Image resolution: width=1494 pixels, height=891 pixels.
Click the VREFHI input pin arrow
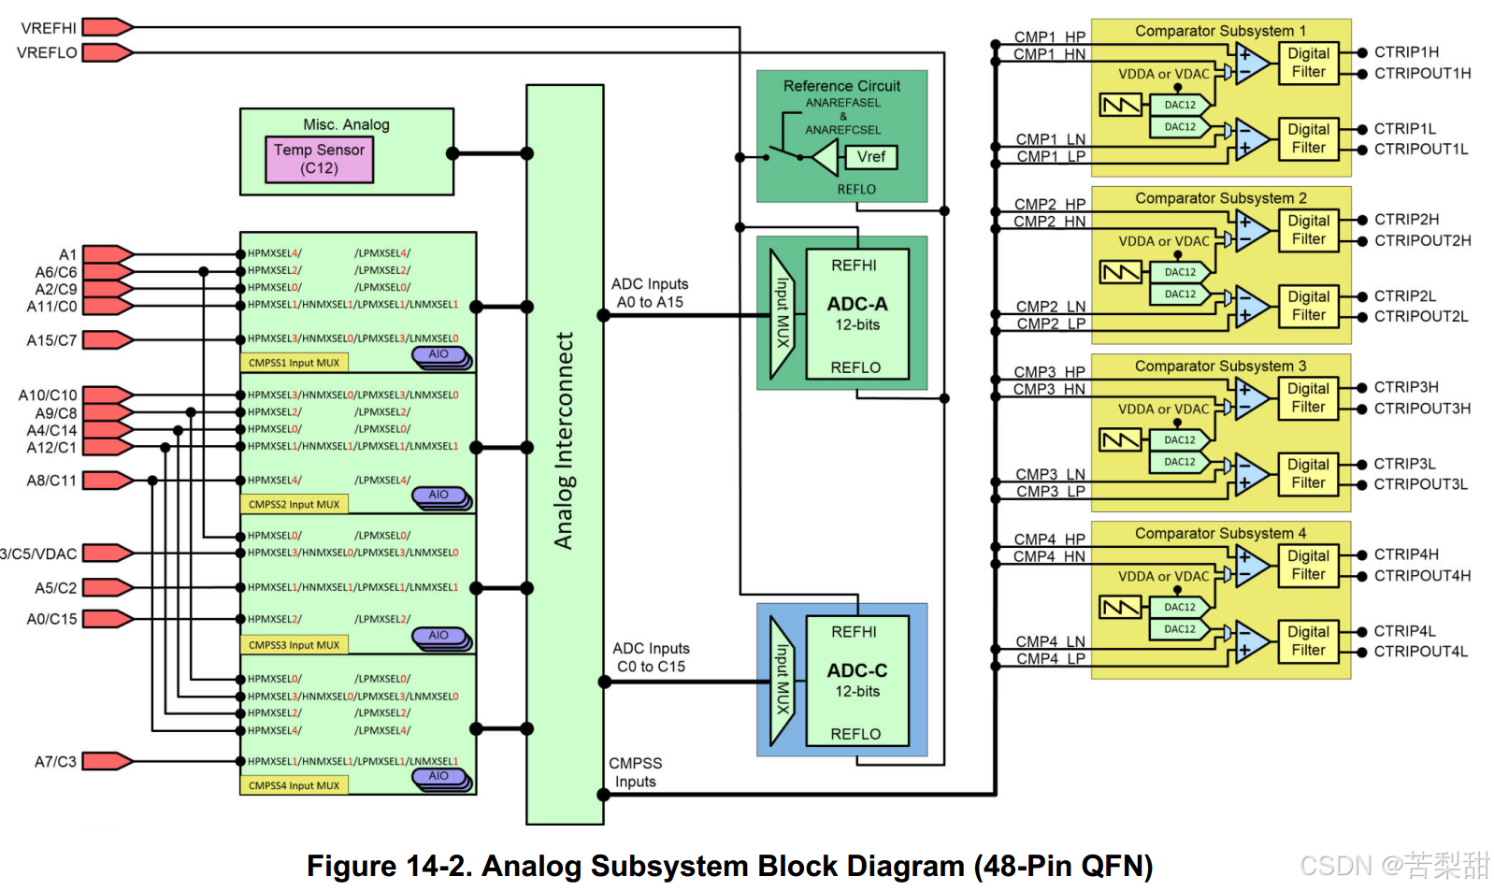pos(107,27)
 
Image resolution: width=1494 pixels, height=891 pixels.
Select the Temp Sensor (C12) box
pos(319,159)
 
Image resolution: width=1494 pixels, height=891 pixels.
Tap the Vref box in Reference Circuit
pos(870,157)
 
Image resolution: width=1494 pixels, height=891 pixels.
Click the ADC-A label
pos(856,304)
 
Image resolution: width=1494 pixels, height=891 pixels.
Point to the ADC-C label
pos(856,670)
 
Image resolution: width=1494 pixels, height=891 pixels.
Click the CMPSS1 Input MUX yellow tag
pos(294,363)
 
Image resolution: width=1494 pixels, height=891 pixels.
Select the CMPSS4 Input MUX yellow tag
pos(294,785)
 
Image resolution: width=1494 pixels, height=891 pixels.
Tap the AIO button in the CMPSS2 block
pos(438,496)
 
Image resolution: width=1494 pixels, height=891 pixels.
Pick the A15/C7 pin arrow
pos(107,339)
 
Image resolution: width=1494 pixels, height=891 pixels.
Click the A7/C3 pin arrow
pos(107,761)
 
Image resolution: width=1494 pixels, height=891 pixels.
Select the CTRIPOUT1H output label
pos(1422,73)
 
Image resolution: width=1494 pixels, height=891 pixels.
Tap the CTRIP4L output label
pos(1404,631)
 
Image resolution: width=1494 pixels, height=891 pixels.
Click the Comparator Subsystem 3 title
pos(1220,366)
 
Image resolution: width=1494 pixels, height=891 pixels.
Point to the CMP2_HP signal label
pos(1049,204)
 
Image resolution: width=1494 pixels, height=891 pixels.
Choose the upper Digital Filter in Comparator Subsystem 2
pos(1308,230)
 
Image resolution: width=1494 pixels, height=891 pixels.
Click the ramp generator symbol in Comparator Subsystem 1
pos(1120,105)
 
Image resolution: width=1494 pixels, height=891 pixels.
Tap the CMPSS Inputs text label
pos(635,772)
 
